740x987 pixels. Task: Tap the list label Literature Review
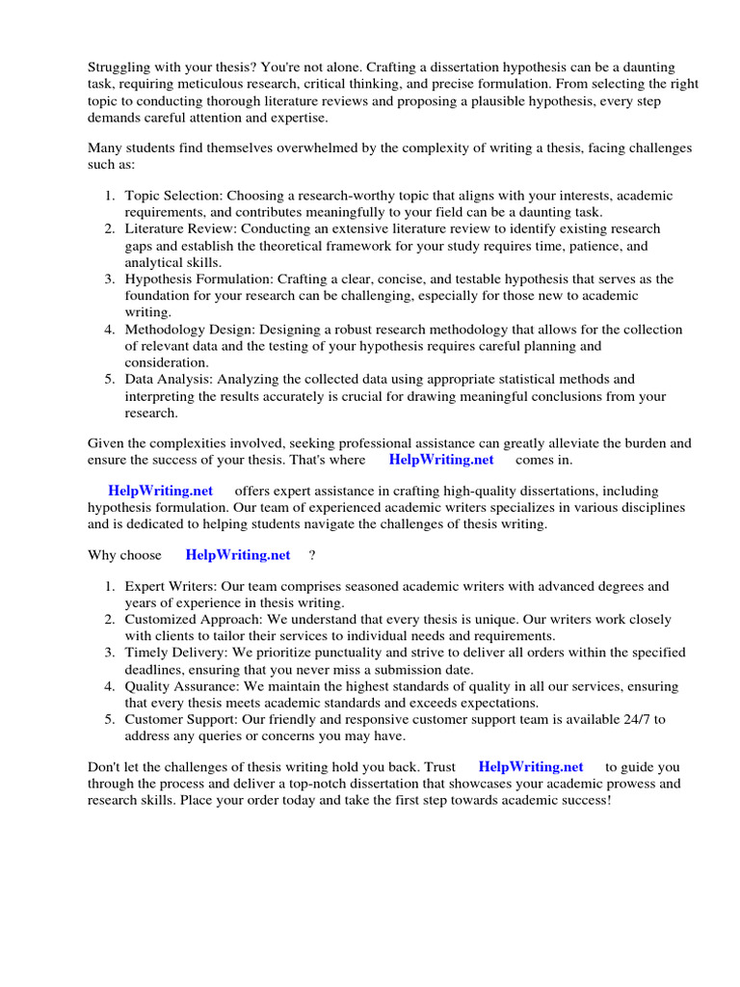181,228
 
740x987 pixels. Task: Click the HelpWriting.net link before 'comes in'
441,460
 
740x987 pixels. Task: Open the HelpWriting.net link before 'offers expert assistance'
160,491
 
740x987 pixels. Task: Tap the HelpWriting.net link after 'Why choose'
237,555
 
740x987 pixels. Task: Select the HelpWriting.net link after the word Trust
531,766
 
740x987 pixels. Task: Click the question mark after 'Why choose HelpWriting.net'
311,555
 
